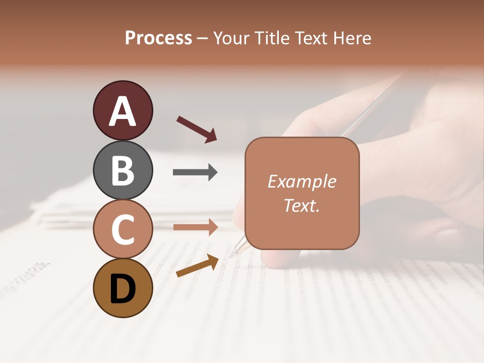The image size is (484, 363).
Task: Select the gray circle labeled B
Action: (x=123, y=170)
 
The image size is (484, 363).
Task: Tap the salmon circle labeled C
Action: (x=123, y=229)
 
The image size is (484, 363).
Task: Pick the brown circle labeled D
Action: (x=123, y=288)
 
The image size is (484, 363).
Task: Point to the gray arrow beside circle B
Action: (x=195, y=172)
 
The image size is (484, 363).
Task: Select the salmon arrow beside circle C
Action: (x=195, y=227)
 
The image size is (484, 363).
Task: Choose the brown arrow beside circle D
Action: (x=197, y=266)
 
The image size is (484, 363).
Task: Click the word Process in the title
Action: (x=158, y=38)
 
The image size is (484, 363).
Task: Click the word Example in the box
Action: (x=301, y=181)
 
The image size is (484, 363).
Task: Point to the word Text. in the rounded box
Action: (x=301, y=205)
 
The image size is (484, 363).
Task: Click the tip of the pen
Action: (x=231, y=256)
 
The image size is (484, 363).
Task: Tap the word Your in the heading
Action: (x=230, y=38)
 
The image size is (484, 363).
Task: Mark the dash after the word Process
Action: (x=203, y=38)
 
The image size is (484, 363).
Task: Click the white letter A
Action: (x=123, y=112)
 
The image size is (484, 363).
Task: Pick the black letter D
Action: (x=123, y=289)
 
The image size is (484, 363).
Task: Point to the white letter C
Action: (x=123, y=230)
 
